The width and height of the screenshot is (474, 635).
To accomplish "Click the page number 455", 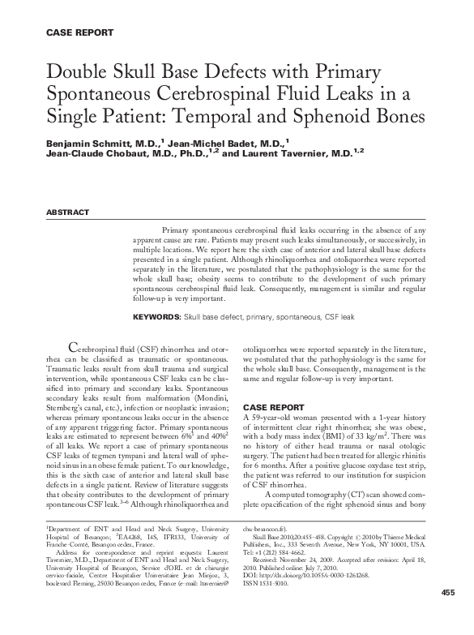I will [x=448, y=616].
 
